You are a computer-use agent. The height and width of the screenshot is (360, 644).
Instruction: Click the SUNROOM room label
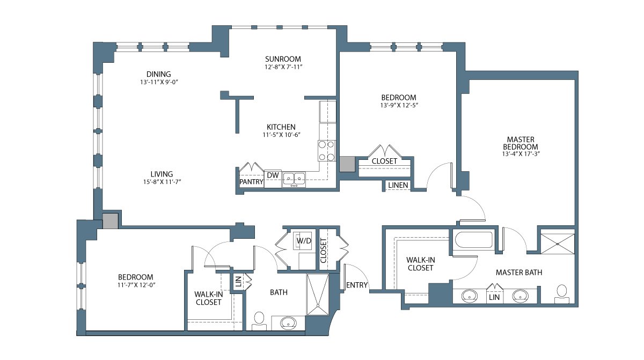[x=283, y=59]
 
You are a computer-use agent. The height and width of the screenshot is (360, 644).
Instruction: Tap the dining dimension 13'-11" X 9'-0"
[x=159, y=82]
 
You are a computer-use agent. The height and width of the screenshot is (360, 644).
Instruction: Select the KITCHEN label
[x=281, y=127]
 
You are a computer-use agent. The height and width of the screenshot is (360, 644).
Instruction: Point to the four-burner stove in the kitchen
[x=327, y=151]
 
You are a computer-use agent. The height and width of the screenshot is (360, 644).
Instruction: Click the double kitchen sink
[x=294, y=179]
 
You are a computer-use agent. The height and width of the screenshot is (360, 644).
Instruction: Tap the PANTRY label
[x=251, y=181]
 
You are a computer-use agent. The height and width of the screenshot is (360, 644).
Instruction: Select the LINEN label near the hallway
[x=398, y=185]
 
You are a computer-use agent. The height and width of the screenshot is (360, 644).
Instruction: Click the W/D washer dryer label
[x=304, y=241]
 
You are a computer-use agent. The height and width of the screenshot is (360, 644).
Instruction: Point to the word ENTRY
[x=357, y=285]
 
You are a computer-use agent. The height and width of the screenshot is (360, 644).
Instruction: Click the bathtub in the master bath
[x=473, y=240]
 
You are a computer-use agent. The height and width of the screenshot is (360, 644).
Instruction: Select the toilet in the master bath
[x=562, y=294]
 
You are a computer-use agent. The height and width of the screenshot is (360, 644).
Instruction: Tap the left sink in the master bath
[x=470, y=296]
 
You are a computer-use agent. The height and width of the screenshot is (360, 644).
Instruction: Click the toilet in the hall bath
[x=259, y=321]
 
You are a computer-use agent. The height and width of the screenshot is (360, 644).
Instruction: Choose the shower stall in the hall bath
[x=318, y=295]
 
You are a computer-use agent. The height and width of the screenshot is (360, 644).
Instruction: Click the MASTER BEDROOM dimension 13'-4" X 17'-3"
[x=521, y=154]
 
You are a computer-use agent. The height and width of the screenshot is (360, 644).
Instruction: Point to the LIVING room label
[x=162, y=174]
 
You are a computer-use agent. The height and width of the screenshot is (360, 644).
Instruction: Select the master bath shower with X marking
[x=558, y=244]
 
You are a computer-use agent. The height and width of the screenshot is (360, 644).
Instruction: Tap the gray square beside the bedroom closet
[x=347, y=164]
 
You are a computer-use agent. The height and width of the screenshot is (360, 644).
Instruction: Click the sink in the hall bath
[x=289, y=323]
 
